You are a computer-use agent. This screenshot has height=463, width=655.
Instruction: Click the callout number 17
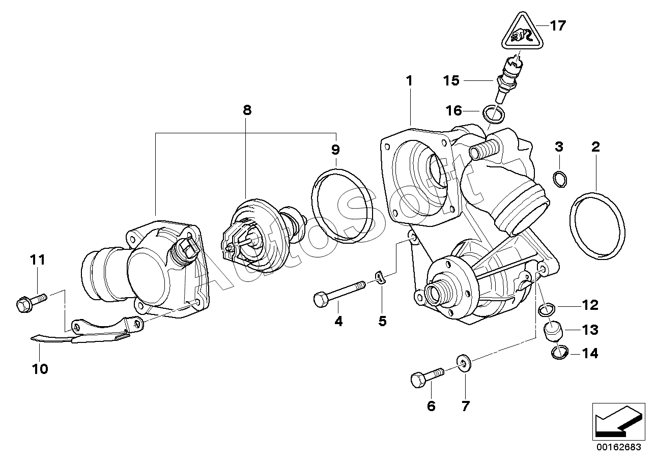click(558, 25)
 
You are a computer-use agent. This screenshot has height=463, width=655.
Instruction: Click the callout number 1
click(409, 80)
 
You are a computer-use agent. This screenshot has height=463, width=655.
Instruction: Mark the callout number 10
click(40, 369)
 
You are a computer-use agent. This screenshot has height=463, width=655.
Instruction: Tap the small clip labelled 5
click(379, 277)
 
